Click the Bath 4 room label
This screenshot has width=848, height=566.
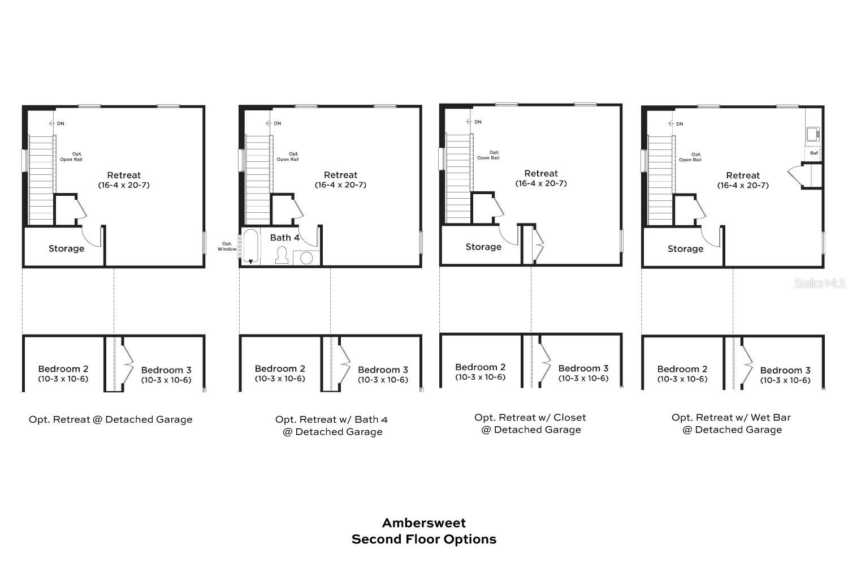point(284,238)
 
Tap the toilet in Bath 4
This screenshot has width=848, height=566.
point(282,256)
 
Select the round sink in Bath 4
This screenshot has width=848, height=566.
point(306,258)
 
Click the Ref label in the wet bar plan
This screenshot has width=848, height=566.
point(814,153)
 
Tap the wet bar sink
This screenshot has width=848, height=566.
point(813,134)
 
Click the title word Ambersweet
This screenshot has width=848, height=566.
point(424,523)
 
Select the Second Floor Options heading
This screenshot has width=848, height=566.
point(424,539)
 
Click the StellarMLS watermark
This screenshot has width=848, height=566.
point(819,283)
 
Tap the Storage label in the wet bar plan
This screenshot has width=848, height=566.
point(685,249)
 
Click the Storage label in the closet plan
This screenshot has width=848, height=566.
point(483,247)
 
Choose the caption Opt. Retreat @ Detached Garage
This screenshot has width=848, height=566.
point(111,419)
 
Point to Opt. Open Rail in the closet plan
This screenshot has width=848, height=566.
point(488,155)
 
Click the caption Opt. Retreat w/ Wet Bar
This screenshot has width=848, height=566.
point(731,418)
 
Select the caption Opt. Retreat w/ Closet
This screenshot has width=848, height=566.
point(530,418)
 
